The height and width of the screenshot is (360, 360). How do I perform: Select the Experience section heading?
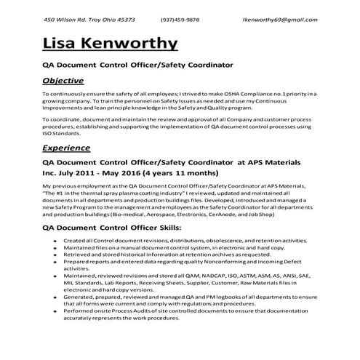point(68,148)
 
